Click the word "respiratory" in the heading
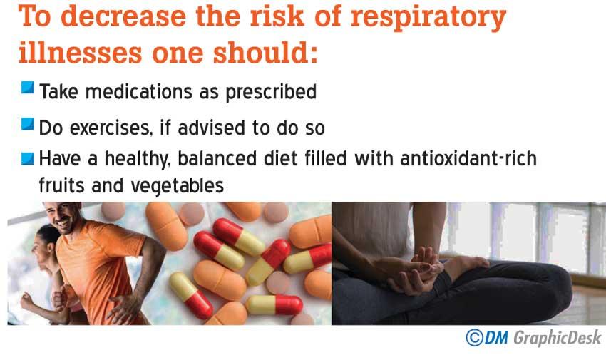[x=428, y=17]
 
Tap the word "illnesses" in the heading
[x=81, y=52]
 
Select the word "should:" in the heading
[x=265, y=52]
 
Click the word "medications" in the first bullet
[x=139, y=92]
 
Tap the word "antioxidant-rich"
[x=468, y=158]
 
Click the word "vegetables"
[x=178, y=186]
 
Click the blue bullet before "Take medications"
[x=27, y=88]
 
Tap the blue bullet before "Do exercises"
[x=27, y=124]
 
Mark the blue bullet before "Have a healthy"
[x=27, y=158]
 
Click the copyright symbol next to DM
[x=475, y=338]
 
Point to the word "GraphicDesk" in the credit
[x=558, y=339]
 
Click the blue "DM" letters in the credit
[x=496, y=338]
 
